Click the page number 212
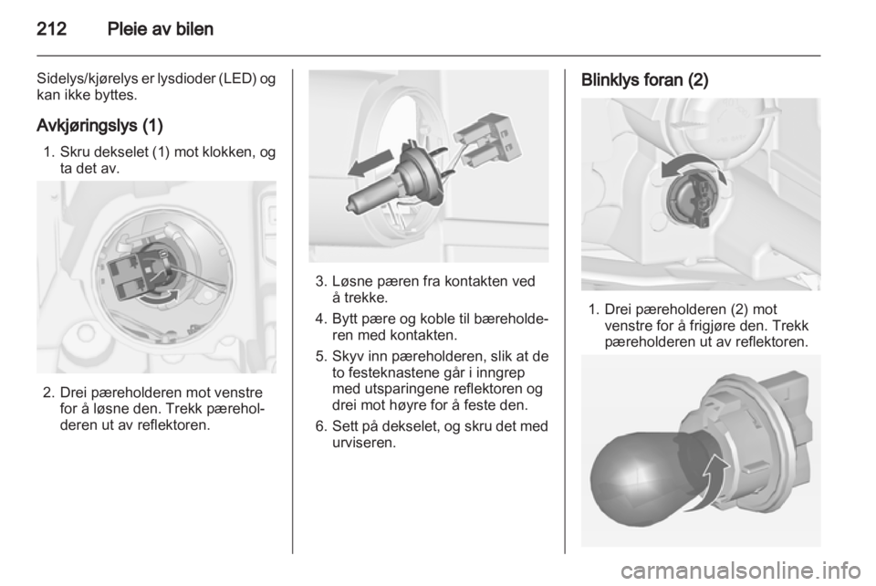(51, 28)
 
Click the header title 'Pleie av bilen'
(161, 28)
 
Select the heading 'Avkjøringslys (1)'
(99, 126)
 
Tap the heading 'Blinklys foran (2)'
(645, 80)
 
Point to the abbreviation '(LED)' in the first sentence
(238, 78)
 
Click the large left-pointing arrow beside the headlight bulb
(370, 165)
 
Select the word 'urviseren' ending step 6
(364, 443)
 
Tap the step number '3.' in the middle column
(320, 281)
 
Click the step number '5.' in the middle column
(320, 356)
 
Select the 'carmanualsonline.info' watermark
(741, 570)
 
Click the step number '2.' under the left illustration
(48, 392)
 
